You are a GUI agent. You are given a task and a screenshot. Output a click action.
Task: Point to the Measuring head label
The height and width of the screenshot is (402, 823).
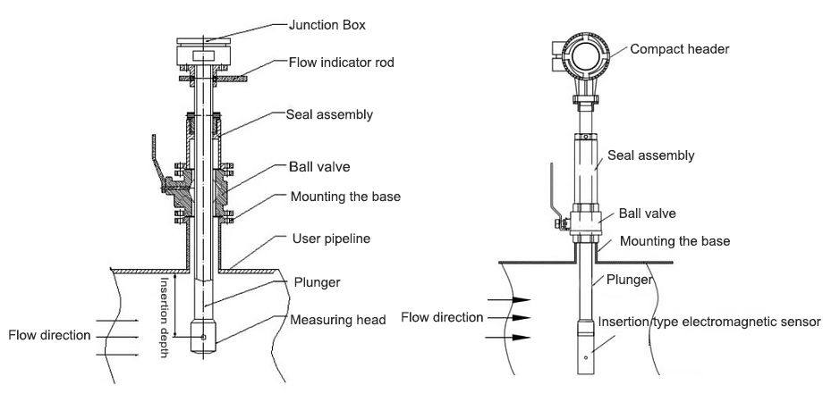337,319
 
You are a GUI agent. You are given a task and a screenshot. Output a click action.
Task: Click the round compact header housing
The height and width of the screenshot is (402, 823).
587,55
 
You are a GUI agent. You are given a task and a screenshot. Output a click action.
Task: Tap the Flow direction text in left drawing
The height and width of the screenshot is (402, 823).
49,336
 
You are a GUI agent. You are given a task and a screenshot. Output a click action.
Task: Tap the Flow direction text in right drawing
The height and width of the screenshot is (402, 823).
442,317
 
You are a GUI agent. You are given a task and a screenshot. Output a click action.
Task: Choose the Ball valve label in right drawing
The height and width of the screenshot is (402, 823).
647,214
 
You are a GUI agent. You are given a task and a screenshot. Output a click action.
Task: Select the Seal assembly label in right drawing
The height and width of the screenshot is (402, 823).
650,155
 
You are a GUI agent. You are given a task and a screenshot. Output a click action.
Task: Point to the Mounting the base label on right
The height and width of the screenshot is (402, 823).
675,241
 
